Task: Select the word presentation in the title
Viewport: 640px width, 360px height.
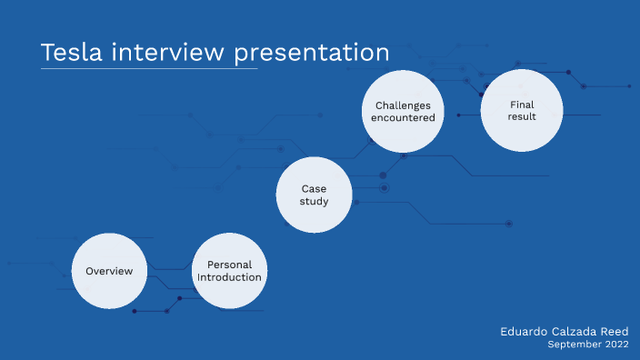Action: click(x=312, y=54)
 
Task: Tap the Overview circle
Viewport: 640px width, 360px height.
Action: click(x=109, y=271)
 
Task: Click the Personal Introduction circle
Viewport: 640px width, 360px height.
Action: click(x=229, y=271)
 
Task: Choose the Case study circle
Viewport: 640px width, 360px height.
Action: click(x=315, y=195)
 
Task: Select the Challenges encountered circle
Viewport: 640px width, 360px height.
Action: click(x=403, y=111)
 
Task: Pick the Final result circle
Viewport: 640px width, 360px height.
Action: click(x=522, y=111)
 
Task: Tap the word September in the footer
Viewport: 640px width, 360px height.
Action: click(x=575, y=345)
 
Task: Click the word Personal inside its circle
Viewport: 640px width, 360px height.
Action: click(x=229, y=265)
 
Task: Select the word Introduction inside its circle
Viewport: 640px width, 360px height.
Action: click(x=229, y=277)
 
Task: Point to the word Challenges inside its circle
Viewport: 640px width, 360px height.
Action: click(x=403, y=105)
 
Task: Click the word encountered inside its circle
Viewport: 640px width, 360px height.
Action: click(x=403, y=117)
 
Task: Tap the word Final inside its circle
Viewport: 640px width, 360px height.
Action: click(x=522, y=105)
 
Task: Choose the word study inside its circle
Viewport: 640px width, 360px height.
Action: click(x=315, y=201)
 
